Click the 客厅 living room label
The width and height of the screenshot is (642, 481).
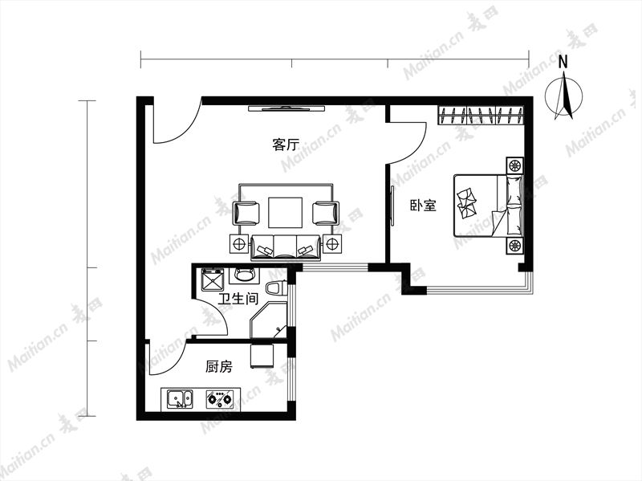[x=286, y=145]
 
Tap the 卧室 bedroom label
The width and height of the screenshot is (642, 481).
[x=424, y=205]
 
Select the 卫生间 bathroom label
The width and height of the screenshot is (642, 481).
[x=238, y=298]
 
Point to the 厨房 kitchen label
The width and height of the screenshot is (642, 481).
[x=218, y=366]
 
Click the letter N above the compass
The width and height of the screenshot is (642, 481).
[x=563, y=63]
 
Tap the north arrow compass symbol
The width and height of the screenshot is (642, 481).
[x=564, y=96]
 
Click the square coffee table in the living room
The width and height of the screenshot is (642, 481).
[x=286, y=212]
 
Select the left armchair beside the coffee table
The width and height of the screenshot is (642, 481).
[x=246, y=213]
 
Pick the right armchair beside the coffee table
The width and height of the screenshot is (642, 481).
[x=326, y=213]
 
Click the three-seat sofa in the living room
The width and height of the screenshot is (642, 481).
[x=286, y=248]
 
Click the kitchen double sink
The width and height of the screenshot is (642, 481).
[x=180, y=398]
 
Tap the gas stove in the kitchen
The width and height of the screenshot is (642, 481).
[x=219, y=398]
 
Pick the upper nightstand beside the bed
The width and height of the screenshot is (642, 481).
[x=514, y=165]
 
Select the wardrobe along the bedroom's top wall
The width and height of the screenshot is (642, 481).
[x=481, y=115]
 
